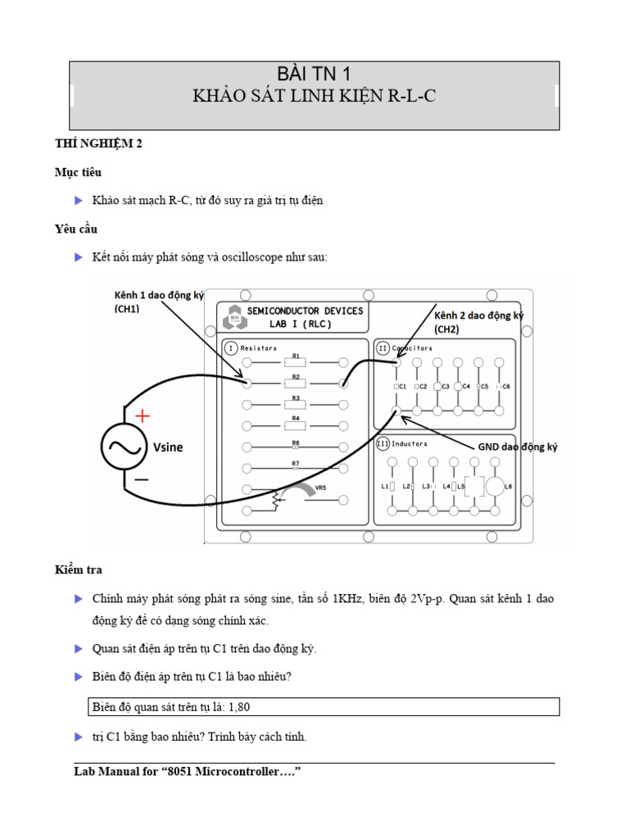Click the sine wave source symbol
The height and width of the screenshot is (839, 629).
tap(123, 447)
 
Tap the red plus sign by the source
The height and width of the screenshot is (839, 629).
tap(143, 415)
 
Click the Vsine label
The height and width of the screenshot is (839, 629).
tap(169, 447)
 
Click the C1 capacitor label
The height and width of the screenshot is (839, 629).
tap(400, 386)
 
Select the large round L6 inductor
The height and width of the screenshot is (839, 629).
tap(496, 486)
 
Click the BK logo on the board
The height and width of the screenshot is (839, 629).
tap(234, 316)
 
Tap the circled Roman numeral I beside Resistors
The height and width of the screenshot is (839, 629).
tap(230, 348)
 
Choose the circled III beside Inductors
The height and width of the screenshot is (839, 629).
tap(382, 443)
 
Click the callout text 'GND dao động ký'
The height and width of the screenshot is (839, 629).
tap(517, 447)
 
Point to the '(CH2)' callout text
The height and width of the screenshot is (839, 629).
tap(447, 329)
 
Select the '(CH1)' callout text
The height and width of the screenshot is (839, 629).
tap(127, 309)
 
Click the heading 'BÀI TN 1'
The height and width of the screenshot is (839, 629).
tap(314, 75)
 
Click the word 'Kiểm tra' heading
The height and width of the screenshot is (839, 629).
tap(79, 569)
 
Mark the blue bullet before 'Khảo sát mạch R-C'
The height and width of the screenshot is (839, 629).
tap(79, 200)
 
